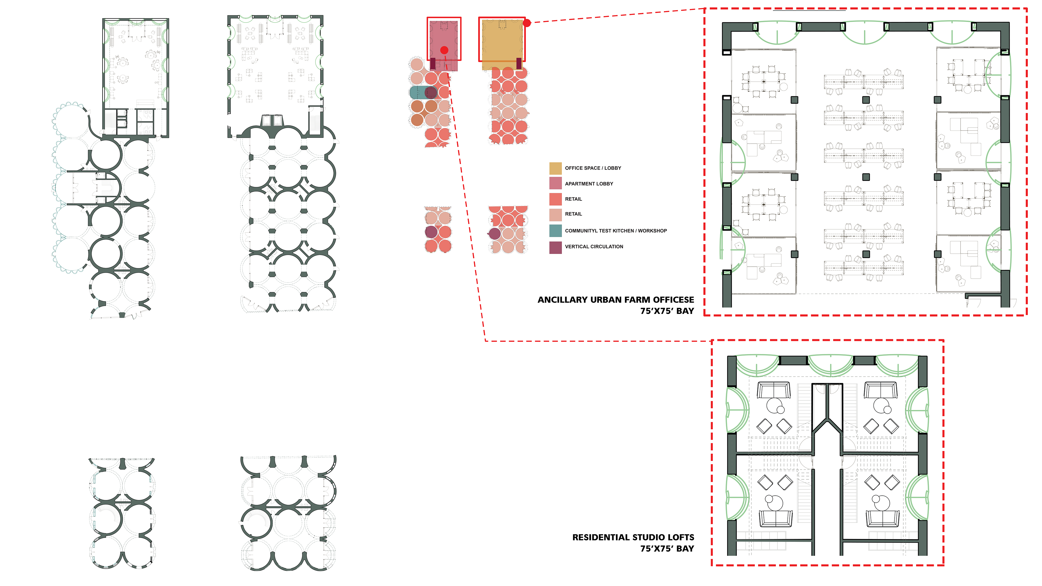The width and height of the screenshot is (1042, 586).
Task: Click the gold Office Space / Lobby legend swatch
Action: [x=555, y=168]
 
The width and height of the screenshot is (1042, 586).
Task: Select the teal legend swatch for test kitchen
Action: [x=555, y=231]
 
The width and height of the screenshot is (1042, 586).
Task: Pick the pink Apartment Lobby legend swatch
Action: [x=555, y=183]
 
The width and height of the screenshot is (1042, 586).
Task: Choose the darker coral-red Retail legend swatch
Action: [x=555, y=199]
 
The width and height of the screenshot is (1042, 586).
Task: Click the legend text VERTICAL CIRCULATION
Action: [x=594, y=247]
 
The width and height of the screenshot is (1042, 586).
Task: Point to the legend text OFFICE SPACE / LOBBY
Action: [x=593, y=168]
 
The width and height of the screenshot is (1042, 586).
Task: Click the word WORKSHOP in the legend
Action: [x=652, y=231]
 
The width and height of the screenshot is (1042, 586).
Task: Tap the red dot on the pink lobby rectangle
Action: [x=444, y=50]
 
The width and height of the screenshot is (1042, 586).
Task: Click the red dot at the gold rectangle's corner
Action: [x=527, y=23]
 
